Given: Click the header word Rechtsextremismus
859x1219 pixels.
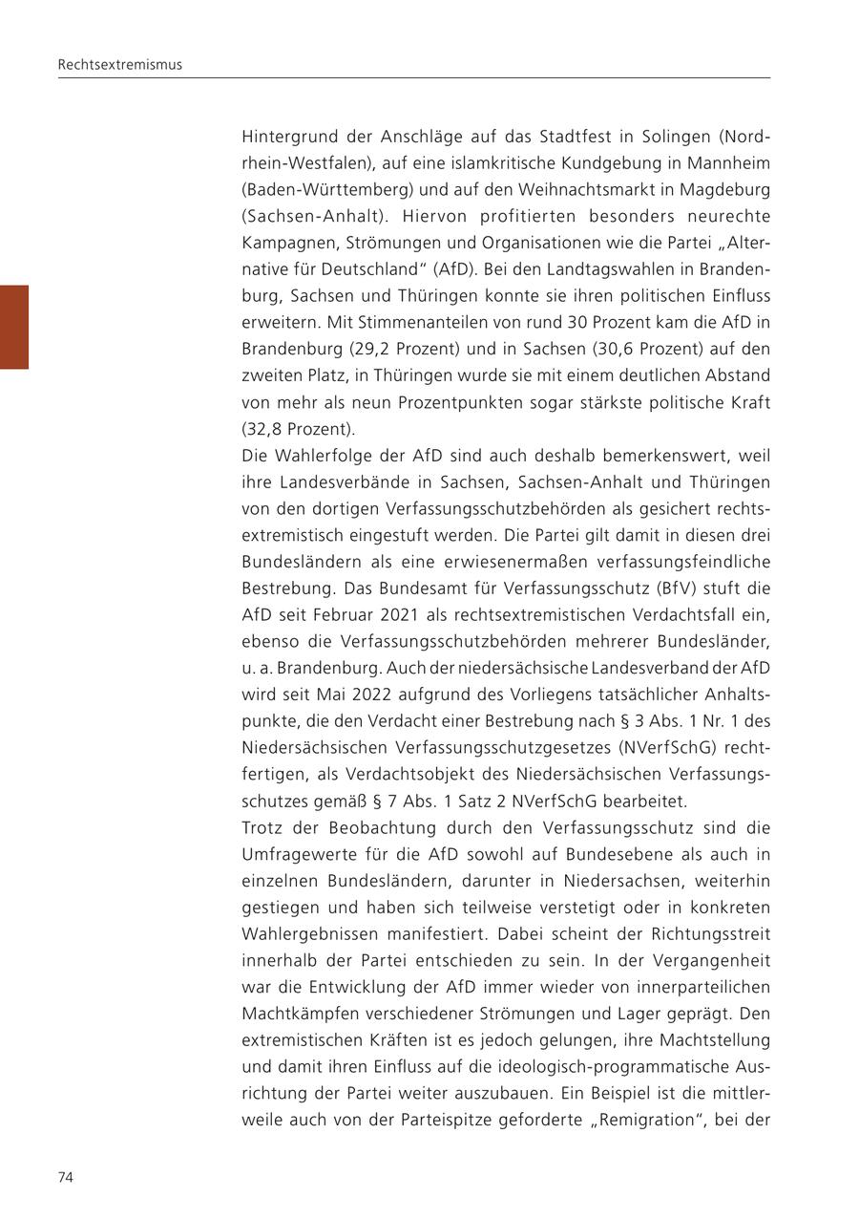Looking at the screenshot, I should [119, 65].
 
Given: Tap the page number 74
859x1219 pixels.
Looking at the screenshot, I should [66, 1177].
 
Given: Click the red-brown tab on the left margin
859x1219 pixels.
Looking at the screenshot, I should [14, 327].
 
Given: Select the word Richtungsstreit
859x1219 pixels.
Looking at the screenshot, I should [713, 933].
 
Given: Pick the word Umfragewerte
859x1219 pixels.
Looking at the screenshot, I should [292, 853].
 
